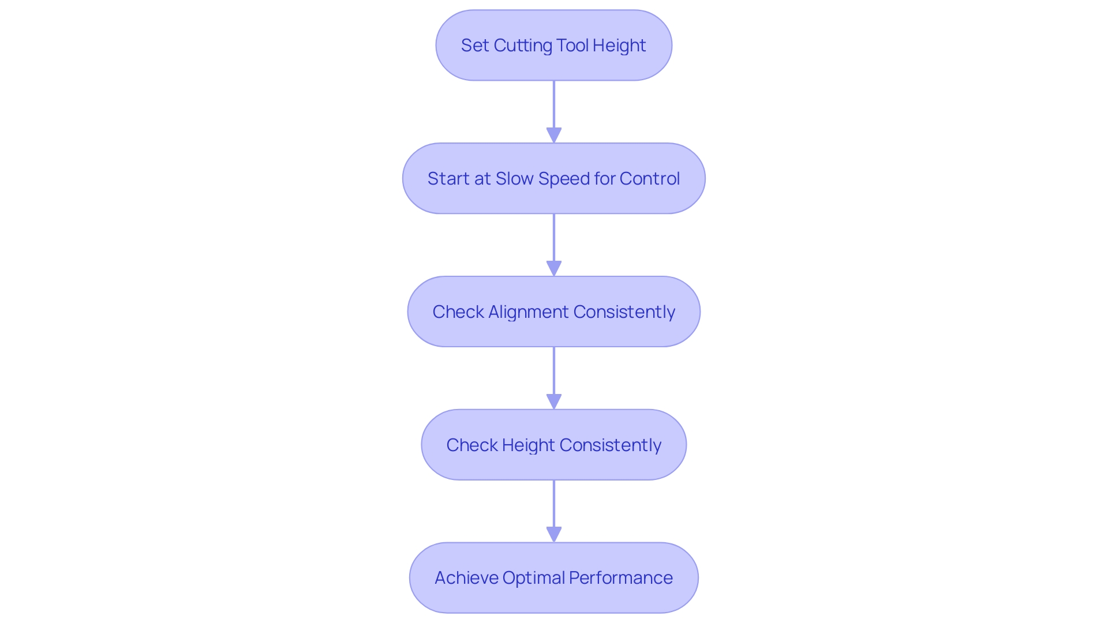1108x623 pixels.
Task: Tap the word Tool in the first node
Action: [x=572, y=46]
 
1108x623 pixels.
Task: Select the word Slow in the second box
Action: [x=514, y=179]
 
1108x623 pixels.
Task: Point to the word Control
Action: [x=649, y=179]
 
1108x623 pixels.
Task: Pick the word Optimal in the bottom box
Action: [x=533, y=578]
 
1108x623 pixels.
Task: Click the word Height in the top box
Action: [x=619, y=46]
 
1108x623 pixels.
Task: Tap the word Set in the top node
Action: [x=474, y=46]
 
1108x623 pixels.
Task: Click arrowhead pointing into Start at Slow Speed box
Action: [x=554, y=135]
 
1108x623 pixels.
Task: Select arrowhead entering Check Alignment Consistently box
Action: [x=554, y=268]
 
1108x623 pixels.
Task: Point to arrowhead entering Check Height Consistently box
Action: [x=554, y=401]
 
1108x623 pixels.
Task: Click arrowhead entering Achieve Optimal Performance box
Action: [x=554, y=534]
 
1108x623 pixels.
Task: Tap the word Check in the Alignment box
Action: [x=458, y=312]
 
